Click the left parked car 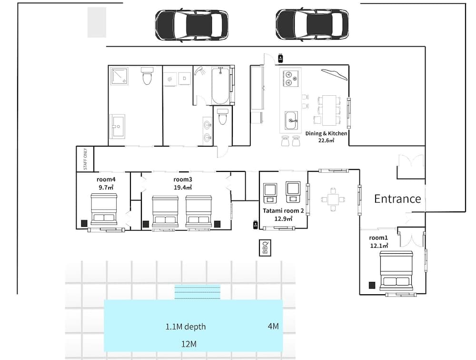(x=191, y=24)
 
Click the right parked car (x=312, y=24)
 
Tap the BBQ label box (x=265, y=248)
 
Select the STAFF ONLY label (x=86, y=159)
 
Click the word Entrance (x=397, y=199)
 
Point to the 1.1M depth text (x=186, y=327)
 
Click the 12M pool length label (x=188, y=344)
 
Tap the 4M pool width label (x=273, y=326)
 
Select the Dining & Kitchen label (x=326, y=137)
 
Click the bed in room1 (x=395, y=272)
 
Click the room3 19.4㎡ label (x=183, y=183)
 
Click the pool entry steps (x=197, y=292)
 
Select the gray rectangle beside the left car (x=97, y=22)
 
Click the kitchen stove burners (x=290, y=78)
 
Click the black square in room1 (x=371, y=285)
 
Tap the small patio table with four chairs (x=333, y=199)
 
